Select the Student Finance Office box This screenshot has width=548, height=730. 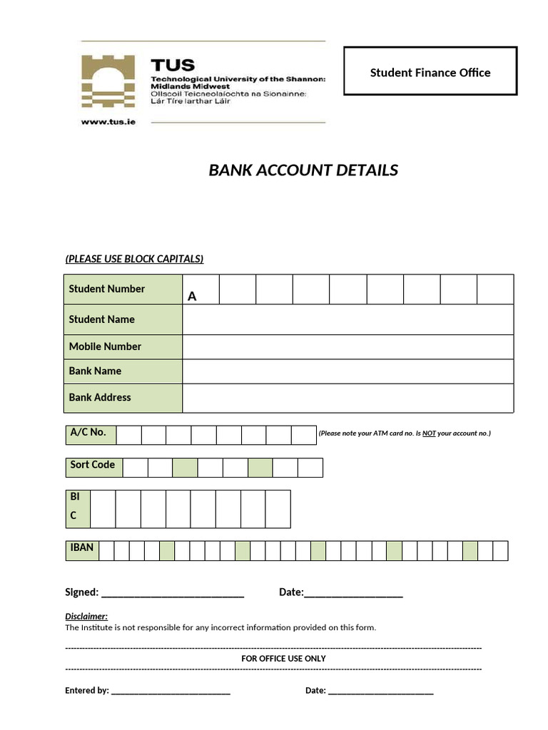coord(430,71)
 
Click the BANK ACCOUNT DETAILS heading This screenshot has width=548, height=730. coord(303,170)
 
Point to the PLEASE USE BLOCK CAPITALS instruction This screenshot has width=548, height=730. coord(134,259)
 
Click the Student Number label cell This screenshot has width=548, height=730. coord(123,289)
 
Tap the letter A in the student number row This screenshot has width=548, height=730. coord(192,296)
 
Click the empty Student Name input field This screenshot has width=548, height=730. coord(347,319)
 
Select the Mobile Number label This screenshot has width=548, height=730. coord(105,346)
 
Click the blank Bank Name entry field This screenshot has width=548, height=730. coord(347,371)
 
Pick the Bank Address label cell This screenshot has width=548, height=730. coord(123,398)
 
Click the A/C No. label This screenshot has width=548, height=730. coord(88,432)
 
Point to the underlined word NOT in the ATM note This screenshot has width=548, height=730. coord(429,433)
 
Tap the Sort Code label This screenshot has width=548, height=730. coord(93,465)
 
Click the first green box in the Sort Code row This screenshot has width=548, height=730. coord(185,468)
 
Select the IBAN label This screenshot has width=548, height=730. coord(82,548)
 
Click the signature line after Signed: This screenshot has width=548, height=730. coord(173,593)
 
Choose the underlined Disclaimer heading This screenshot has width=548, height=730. coord(86,616)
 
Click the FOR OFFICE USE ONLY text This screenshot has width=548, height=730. coord(283,659)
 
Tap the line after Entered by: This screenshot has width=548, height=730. coord(171,691)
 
